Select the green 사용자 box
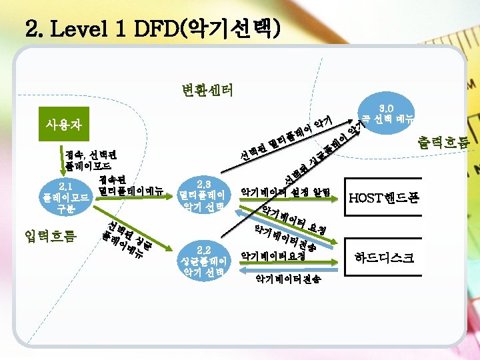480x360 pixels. [x=61, y=124]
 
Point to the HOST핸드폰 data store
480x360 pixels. [x=383, y=198]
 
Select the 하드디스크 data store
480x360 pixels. [x=384, y=255]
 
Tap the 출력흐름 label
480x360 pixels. [x=443, y=141]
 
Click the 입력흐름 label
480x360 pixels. [x=49, y=235]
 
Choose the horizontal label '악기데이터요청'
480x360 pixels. [x=273, y=255]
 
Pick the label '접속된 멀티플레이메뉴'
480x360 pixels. [x=129, y=186]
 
